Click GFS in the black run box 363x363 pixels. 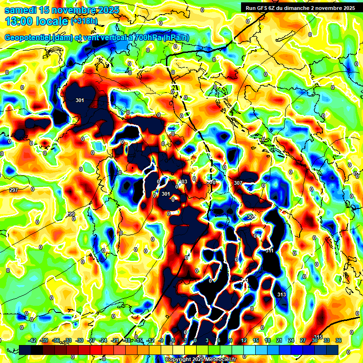263,8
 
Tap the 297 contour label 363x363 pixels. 14,190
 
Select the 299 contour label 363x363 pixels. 70,215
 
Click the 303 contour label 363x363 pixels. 183,182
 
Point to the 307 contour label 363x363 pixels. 238,183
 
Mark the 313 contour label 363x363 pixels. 282,295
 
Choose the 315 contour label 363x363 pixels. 318,337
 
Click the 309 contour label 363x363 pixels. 251,217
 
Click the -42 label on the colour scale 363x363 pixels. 33,340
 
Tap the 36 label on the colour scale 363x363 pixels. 338,340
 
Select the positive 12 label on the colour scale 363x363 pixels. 244,340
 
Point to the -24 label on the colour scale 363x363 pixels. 103,340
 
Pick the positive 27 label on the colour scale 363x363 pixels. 302,340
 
